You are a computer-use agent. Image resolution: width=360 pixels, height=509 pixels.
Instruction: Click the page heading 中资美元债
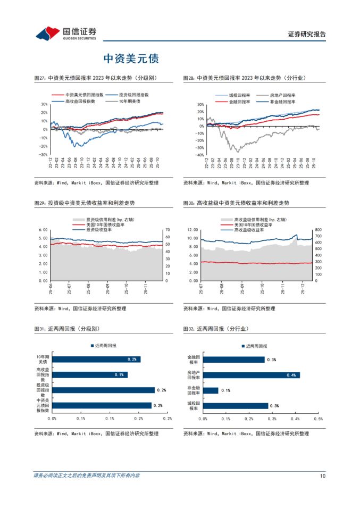click(131, 57)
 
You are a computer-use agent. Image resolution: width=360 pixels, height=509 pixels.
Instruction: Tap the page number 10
click(322, 475)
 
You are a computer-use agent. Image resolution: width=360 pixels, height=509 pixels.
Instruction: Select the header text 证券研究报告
click(307, 34)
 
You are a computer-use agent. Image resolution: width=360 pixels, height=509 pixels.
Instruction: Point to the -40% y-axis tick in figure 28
click(199, 155)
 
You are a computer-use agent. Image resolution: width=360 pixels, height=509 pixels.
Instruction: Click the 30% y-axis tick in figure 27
click(44, 104)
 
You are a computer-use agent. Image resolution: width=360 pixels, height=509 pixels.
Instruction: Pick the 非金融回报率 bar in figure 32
click(211, 390)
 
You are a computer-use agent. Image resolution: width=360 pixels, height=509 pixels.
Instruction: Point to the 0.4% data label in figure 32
click(291, 375)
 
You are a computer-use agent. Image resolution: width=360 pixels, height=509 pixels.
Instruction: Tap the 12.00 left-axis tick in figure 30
click(193, 230)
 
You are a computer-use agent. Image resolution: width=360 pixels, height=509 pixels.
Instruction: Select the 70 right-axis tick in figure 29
click(167, 230)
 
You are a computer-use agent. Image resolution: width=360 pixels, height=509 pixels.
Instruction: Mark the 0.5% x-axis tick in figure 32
click(319, 419)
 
